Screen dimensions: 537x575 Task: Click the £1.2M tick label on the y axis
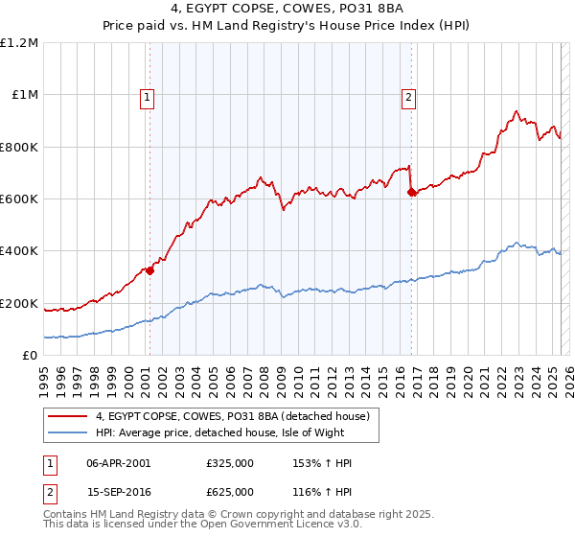point(20,43)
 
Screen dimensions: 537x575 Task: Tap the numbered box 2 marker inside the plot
point(409,96)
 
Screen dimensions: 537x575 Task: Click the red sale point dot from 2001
point(149,270)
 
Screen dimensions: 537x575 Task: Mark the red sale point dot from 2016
point(411,193)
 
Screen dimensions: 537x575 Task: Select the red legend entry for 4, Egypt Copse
point(239,416)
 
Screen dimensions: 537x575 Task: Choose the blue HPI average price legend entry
point(229,432)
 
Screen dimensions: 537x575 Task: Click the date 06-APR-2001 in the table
point(118,463)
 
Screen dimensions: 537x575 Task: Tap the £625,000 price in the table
point(230,491)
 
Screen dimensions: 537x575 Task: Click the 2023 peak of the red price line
point(517,111)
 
